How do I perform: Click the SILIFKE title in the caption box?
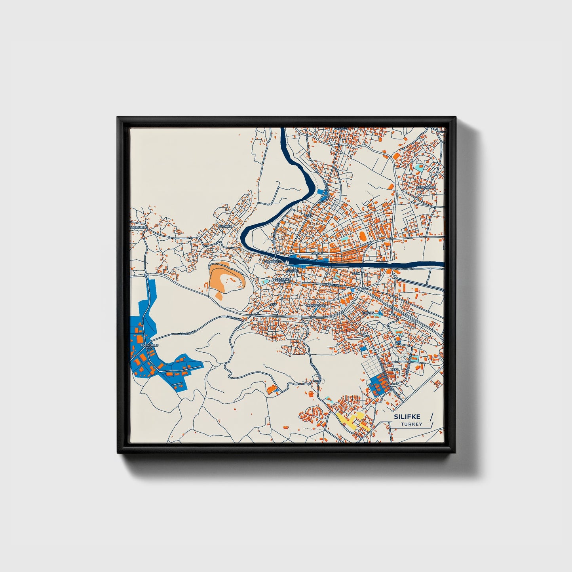[x=407, y=417]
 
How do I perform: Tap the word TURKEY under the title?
[x=411, y=424]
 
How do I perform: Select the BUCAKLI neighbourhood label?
[x=224, y=226]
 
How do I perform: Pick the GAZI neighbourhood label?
[x=308, y=215]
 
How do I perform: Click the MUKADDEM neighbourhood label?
[x=316, y=306]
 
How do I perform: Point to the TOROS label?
[x=368, y=313]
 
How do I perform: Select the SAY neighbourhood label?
[x=272, y=304]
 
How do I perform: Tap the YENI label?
[x=394, y=370]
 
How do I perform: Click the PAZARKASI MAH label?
[x=282, y=280]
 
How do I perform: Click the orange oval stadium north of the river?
[x=362, y=236]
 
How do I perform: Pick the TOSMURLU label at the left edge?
[x=139, y=228]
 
